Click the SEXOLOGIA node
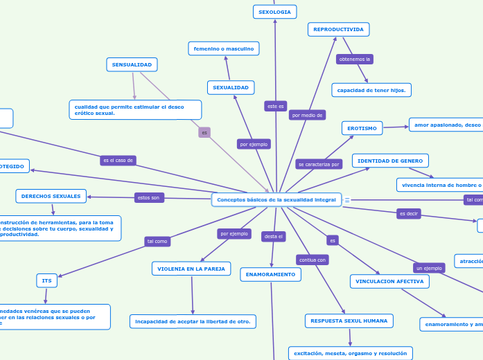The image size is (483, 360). pos(275,12)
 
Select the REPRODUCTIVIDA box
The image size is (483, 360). pos(338,29)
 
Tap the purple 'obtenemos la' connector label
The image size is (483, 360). pos(355,60)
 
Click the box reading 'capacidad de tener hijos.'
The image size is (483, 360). pos(371,90)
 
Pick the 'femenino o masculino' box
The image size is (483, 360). pos(223,48)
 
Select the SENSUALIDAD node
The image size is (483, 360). pos(132,64)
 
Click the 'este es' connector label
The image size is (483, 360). pos(276,106)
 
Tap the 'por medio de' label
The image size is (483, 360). pos(307,115)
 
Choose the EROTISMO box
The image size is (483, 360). pos(362,128)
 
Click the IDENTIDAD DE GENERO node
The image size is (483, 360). pos(390,161)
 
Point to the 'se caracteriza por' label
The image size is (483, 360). pos(319,164)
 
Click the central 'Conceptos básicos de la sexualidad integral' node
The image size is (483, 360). pos(276,199)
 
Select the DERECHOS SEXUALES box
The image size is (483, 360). pos(51,196)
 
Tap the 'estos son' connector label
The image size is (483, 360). pos(149,197)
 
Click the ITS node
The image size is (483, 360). pos(46,280)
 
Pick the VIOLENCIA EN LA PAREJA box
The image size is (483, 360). pos(191,269)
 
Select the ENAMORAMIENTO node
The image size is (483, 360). pos(271,274)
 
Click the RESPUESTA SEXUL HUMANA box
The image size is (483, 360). pos(349,321)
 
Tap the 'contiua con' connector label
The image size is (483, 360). pos(312,260)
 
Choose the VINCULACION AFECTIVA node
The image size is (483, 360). pos(389,281)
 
